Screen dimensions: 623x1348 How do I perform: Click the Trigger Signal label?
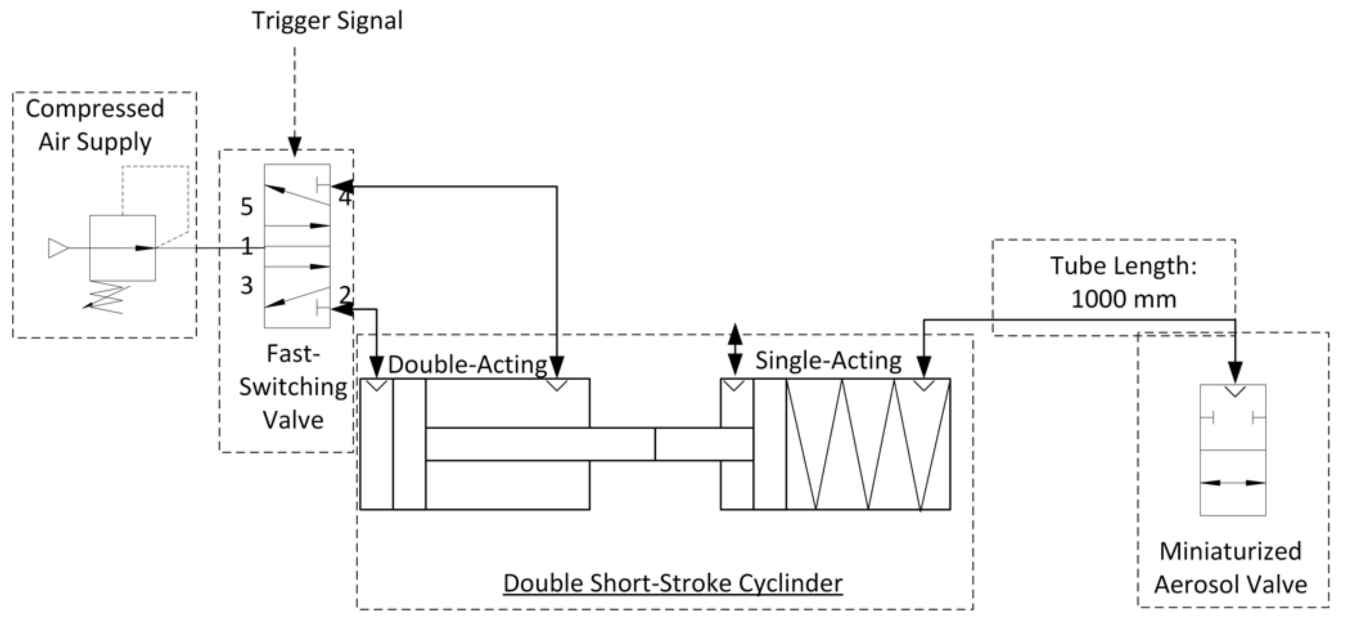coord(327,21)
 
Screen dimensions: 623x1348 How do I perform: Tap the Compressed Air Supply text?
coord(95,125)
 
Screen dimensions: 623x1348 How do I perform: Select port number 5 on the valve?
coord(246,207)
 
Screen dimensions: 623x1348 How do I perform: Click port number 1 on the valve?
coord(247,246)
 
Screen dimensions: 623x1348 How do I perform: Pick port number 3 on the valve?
coord(246,286)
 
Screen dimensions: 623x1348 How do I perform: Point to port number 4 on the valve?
coord(344,198)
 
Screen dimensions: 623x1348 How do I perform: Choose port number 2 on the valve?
coord(344,295)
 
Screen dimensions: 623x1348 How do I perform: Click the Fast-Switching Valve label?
coord(293,387)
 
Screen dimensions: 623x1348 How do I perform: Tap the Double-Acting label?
coord(467,364)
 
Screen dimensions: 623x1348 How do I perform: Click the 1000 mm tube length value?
coord(1123,299)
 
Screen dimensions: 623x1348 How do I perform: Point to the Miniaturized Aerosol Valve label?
coord(1230,568)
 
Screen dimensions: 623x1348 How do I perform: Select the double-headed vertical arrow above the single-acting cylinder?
coord(735,349)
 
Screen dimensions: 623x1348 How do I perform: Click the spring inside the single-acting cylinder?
coord(869,444)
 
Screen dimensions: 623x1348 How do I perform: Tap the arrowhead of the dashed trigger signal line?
coord(295,146)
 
